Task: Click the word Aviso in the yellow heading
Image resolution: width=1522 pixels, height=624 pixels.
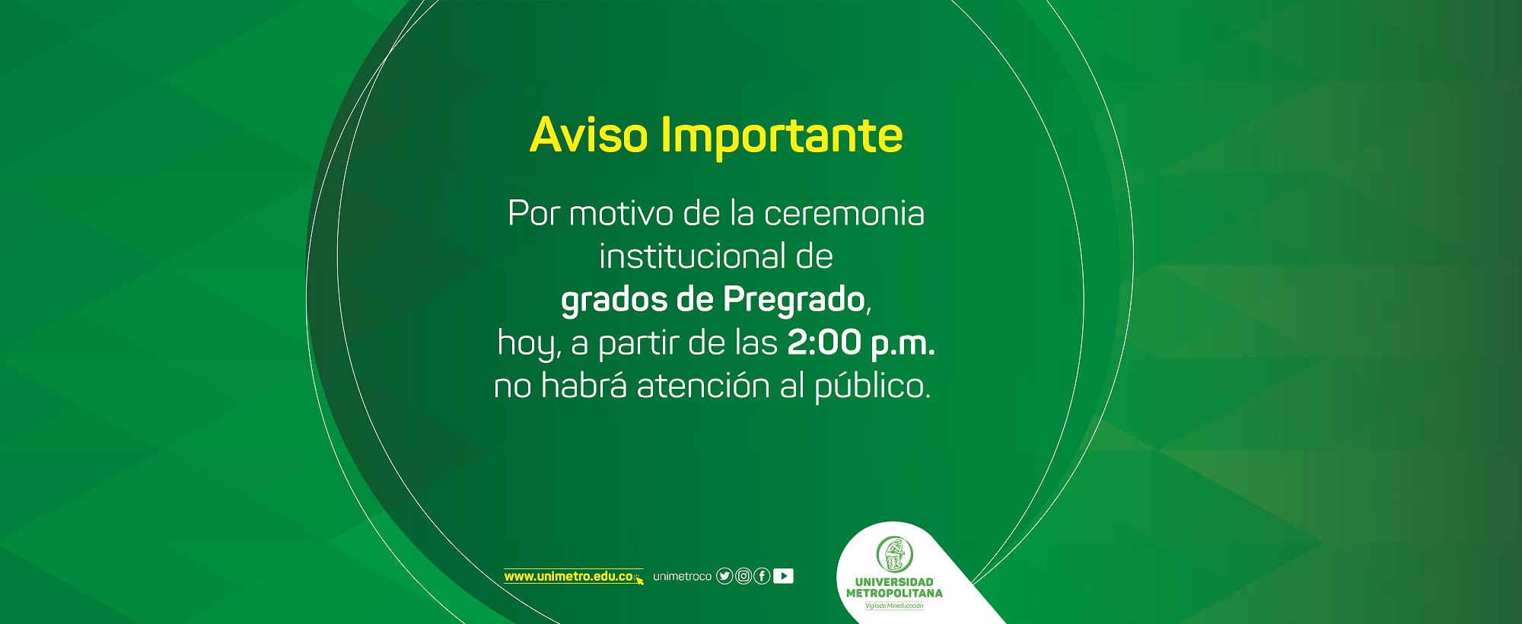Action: pyautogui.click(x=589, y=135)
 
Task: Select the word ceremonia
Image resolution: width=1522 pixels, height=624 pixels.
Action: pyautogui.click(x=844, y=214)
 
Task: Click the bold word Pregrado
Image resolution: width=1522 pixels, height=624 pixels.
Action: pyautogui.click(x=794, y=301)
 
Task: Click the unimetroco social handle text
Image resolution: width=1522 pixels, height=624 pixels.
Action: pyautogui.click(x=682, y=577)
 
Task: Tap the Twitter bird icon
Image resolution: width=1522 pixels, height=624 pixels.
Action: pyautogui.click(x=724, y=576)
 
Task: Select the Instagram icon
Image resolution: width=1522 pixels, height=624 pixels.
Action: pyautogui.click(x=743, y=576)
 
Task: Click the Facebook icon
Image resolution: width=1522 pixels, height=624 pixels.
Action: pyautogui.click(x=762, y=576)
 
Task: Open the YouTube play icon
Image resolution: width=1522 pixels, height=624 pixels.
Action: pyautogui.click(x=783, y=576)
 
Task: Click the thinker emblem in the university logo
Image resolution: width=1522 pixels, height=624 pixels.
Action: pyautogui.click(x=894, y=555)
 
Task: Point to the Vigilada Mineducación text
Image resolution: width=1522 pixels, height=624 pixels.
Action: pyautogui.click(x=894, y=606)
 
